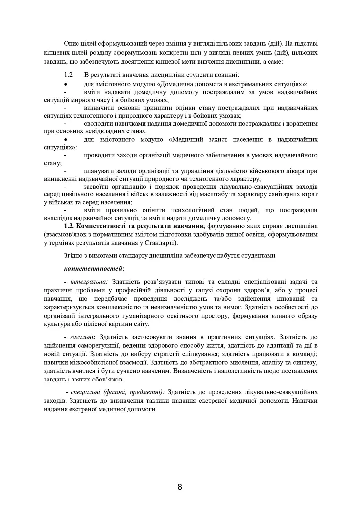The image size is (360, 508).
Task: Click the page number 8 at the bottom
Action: click(x=180, y=487)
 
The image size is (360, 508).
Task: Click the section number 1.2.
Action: click(x=69, y=75)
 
